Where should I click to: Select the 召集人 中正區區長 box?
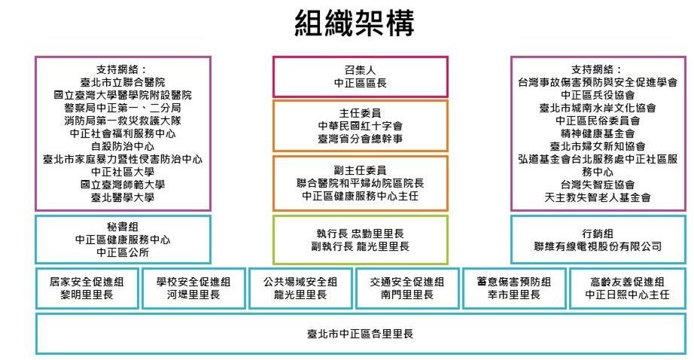pos(360,77)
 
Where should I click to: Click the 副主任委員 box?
pos(360,182)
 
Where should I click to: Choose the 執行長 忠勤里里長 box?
pos(360,239)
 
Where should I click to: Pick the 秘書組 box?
pos(123,239)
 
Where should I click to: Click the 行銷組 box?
pos(598,239)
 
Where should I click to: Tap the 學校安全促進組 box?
pos(193,288)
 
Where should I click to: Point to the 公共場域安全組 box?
pos(300,288)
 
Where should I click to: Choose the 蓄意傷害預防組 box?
pos(514,288)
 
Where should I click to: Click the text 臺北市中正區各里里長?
pos(360,333)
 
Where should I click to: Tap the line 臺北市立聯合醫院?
pos(123,81)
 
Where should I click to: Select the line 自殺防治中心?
pos(123,146)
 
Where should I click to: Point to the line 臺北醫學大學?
pos(123,197)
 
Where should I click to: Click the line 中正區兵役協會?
pos(598,94)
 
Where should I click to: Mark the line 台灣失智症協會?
pos(598,184)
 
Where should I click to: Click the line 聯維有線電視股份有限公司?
pos(598,246)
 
